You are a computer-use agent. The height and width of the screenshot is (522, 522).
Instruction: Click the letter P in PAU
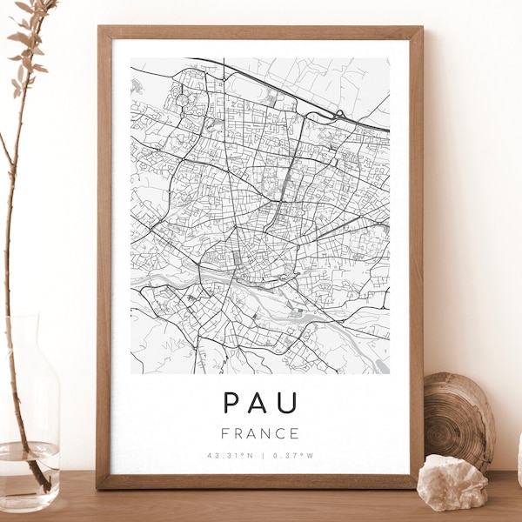(x=231, y=403)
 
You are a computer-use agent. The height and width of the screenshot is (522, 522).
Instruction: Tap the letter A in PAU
(x=260, y=403)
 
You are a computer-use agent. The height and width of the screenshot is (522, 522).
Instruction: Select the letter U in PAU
(x=289, y=403)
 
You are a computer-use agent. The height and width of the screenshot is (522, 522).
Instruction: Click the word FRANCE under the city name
(x=260, y=433)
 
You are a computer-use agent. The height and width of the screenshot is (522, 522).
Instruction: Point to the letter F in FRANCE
(x=226, y=433)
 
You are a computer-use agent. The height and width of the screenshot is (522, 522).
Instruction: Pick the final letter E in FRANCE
(x=295, y=433)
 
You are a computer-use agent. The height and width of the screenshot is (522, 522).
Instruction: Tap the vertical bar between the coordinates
(x=261, y=455)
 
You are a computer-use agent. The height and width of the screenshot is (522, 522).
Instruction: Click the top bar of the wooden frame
(x=260, y=32)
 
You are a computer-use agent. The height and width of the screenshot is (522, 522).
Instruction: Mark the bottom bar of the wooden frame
(x=260, y=481)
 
